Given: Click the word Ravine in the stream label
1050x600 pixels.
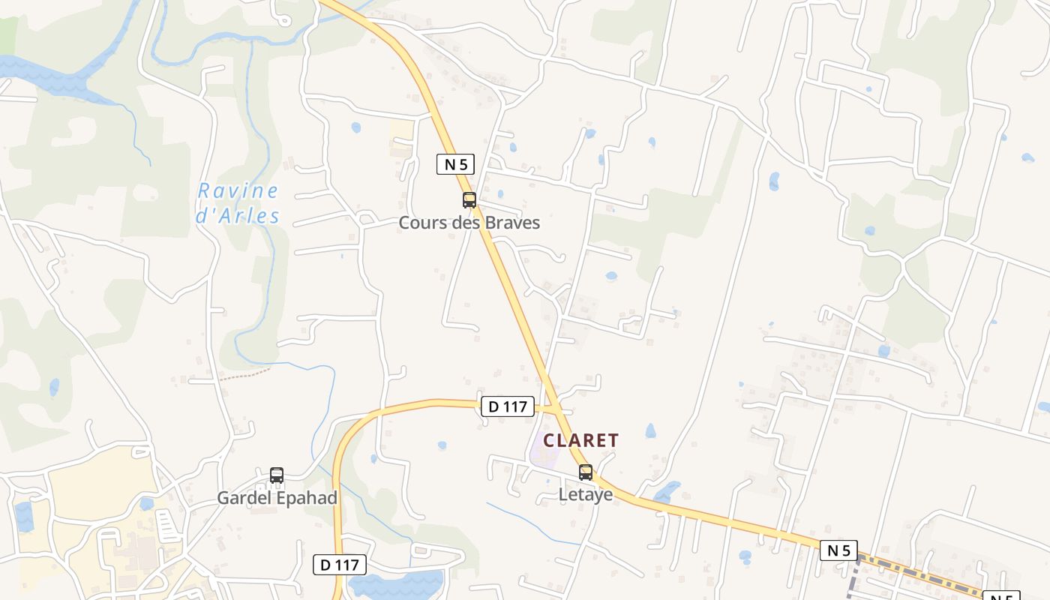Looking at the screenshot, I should click(238, 191).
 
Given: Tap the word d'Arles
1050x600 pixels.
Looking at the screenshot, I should click(238, 217).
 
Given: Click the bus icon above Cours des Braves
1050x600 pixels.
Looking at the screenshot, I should click(469, 200).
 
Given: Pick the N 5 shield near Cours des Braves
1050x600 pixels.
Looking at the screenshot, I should click(455, 164).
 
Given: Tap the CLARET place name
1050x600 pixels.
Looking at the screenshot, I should click(581, 440).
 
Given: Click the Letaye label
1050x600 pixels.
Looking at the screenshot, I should click(586, 495).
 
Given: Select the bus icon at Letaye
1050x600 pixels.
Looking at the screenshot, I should click(586, 472).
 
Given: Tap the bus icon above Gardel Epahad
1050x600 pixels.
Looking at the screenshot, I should click(277, 475).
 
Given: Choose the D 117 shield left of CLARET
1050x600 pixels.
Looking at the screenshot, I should click(508, 407).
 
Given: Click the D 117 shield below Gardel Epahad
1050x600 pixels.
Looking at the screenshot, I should click(340, 565).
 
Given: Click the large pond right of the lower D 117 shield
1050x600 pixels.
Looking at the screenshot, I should click(397, 583).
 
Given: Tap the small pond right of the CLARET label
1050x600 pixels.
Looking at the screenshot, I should click(650, 431).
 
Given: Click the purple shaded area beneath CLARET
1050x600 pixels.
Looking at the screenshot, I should click(541, 454).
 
